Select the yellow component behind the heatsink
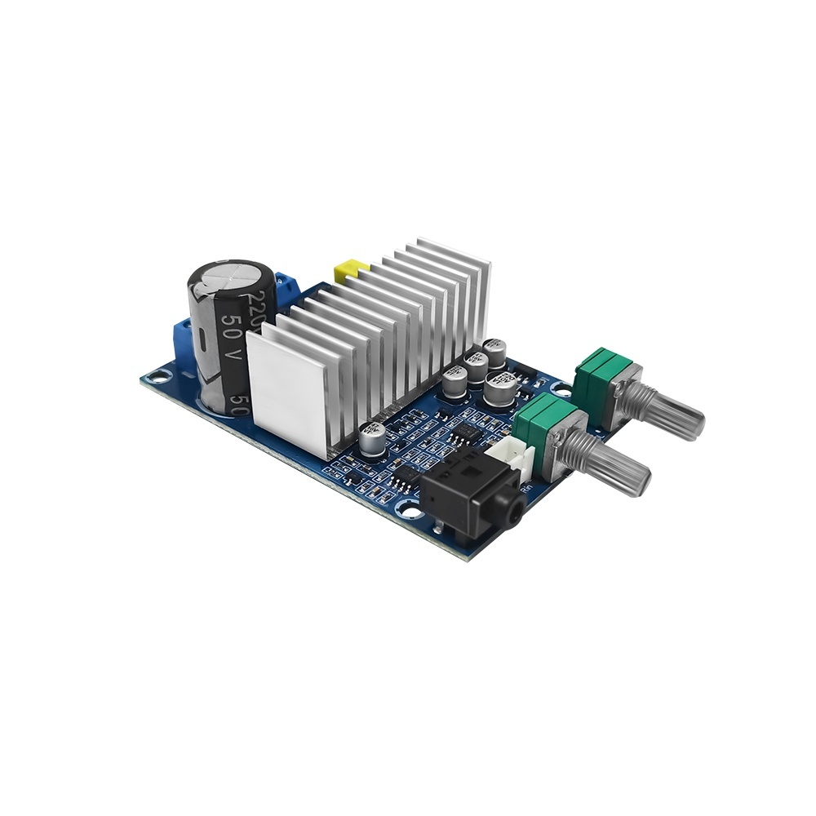pos(348,268)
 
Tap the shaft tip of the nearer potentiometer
pos(637,481)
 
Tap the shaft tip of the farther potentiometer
pos(690,424)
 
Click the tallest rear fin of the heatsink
pos(453,269)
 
